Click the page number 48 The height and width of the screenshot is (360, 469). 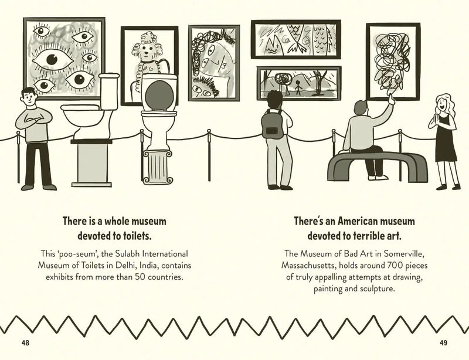click(x=25, y=343)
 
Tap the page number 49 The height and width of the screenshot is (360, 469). click(x=443, y=343)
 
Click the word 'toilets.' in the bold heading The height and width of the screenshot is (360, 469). click(x=137, y=236)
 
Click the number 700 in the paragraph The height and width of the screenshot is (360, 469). click(x=394, y=266)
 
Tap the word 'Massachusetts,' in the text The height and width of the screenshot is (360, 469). click(x=309, y=266)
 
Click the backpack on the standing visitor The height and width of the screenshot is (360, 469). click(x=272, y=125)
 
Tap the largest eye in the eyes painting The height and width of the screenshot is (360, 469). click(x=53, y=60)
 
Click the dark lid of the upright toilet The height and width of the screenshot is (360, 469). click(x=159, y=96)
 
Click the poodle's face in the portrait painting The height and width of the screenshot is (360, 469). click(x=146, y=51)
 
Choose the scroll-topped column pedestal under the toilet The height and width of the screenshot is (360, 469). click(x=158, y=167)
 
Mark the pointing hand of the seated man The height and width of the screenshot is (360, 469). click(x=391, y=99)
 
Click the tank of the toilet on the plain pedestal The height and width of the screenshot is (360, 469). click(x=108, y=91)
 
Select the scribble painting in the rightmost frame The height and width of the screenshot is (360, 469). click(x=393, y=62)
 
